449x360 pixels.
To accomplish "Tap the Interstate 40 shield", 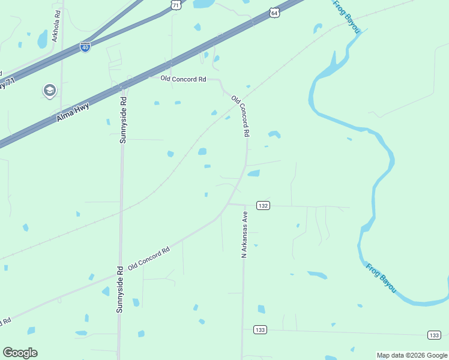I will [85, 46].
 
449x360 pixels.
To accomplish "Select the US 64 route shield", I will [274, 12].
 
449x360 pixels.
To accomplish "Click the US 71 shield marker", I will [175, 4].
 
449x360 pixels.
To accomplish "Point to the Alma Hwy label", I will [73, 112].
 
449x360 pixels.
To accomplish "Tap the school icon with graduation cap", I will [49, 91].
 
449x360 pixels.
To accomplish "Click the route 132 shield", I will [263, 205].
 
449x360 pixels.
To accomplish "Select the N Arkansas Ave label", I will [244, 235].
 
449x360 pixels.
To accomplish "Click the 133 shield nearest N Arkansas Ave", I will [260, 329].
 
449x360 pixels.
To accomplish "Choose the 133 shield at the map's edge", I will [434, 334].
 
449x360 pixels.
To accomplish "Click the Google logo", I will [20, 353].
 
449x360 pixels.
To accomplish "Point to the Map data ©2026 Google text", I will [412, 355].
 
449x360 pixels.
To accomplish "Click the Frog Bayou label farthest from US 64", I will [381, 277].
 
